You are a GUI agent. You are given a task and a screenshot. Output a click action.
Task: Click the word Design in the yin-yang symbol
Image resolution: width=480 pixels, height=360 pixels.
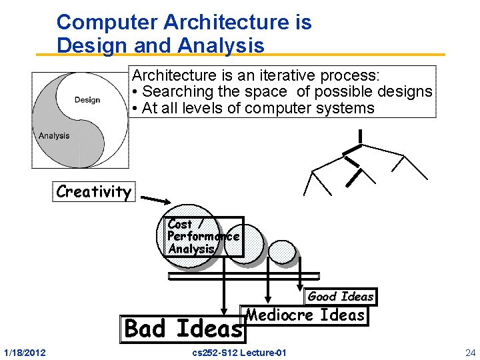pyautogui.click(x=87, y=100)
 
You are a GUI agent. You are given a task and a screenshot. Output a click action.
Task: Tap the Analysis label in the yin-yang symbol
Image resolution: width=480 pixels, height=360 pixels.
pyautogui.click(x=54, y=135)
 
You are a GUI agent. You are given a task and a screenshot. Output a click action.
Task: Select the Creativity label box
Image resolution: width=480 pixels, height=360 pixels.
pyautogui.click(x=93, y=192)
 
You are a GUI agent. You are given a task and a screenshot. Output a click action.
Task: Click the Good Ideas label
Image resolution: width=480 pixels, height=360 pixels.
pyautogui.click(x=341, y=297)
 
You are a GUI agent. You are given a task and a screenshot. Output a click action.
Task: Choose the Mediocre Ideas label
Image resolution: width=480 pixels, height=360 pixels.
pyautogui.click(x=306, y=315)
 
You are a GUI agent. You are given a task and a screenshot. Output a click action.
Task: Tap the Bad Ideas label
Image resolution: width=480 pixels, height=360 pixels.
pyautogui.click(x=183, y=329)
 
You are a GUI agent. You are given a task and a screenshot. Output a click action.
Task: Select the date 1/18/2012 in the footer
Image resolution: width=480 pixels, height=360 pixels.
pyautogui.click(x=25, y=352)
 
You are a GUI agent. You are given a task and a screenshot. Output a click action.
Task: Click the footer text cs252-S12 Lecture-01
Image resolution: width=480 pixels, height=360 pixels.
pyautogui.click(x=239, y=352)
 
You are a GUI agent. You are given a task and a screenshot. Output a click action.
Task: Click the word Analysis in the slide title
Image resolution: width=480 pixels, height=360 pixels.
pyautogui.click(x=221, y=45)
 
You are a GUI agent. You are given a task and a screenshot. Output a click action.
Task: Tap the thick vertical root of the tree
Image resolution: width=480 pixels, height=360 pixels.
pyautogui.click(x=360, y=136)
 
